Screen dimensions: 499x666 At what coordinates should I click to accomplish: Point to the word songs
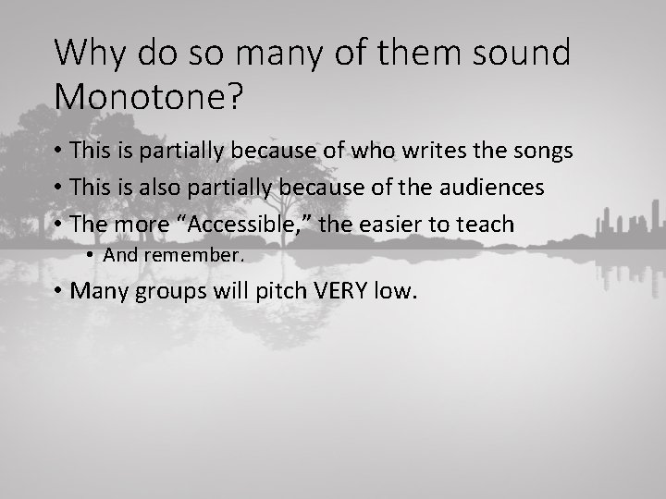click(x=544, y=151)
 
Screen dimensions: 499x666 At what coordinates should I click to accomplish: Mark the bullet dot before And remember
click(x=92, y=255)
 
